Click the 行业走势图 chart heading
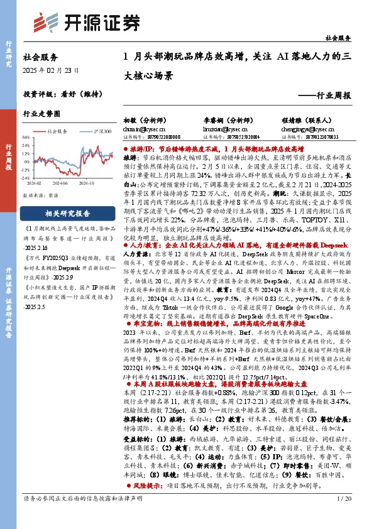point(41,114)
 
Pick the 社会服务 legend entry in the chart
point(56,132)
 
